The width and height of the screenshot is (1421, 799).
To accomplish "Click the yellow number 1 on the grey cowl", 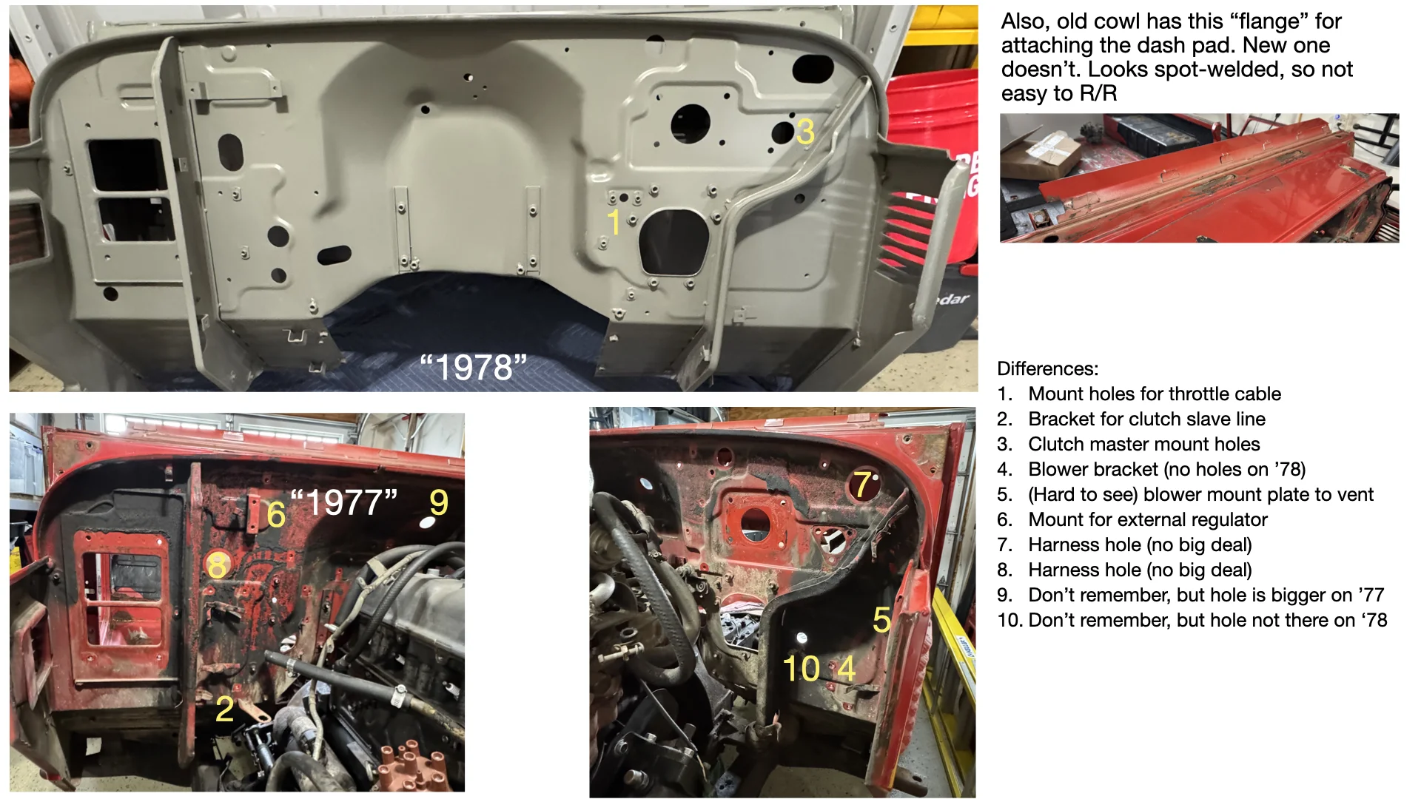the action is click(614, 222).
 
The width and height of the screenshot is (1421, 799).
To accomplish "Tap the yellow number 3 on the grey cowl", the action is click(805, 132).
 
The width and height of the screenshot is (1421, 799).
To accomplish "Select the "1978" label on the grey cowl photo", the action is click(473, 367).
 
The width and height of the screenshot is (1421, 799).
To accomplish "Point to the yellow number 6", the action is click(276, 514).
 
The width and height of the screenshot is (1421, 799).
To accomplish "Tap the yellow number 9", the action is click(439, 503).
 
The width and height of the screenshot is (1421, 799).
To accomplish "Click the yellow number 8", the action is click(217, 566).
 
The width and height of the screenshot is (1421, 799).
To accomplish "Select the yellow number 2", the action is click(225, 709).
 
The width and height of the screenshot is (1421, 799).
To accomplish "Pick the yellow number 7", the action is click(862, 485).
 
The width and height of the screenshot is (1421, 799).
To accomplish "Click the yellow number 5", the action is click(881, 620).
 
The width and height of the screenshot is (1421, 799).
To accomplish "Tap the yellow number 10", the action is click(802, 669).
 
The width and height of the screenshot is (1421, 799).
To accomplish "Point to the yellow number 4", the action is click(846, 669).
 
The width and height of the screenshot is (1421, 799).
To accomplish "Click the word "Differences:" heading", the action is click(1047, 368).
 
